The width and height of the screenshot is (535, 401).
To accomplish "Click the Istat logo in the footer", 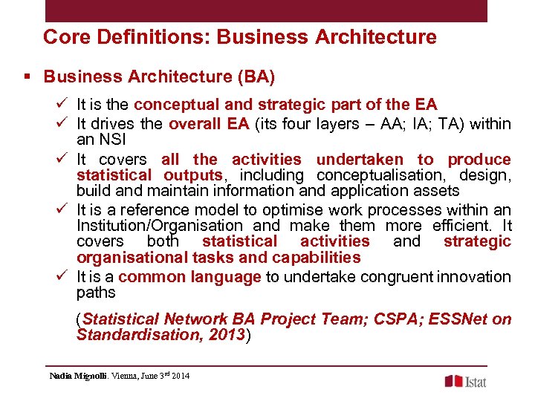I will click(x=467, y=381).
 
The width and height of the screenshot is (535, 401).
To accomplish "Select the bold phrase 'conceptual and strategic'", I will click(x=222, y=105).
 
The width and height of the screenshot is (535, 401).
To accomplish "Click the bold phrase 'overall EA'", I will click(x=209, y=124).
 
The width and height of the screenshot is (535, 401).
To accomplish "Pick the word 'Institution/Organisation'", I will click(x=160, y=225).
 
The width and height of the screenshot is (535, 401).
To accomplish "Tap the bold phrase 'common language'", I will click(x=189, y=277).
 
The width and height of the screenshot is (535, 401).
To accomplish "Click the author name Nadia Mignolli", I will click(x=78, y=376).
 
